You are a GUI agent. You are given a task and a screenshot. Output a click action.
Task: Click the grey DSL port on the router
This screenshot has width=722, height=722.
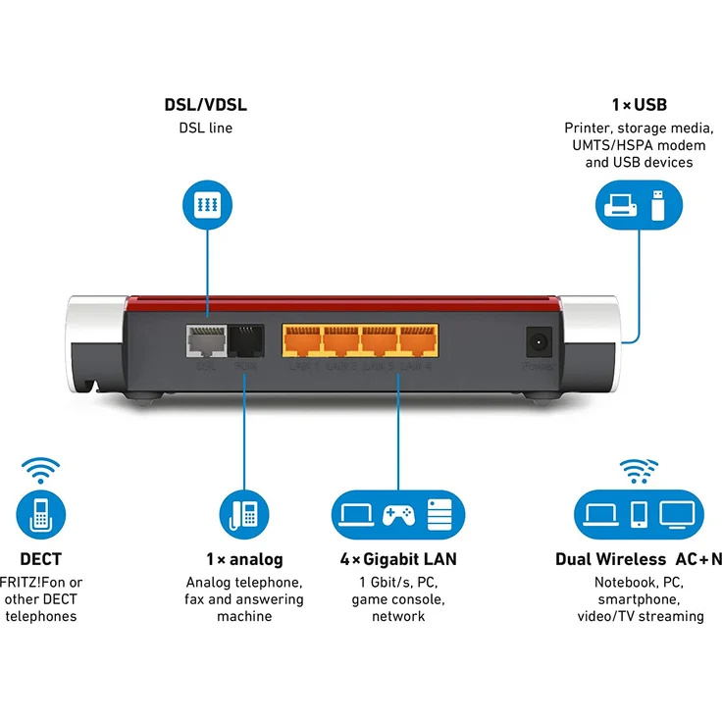[205, 340]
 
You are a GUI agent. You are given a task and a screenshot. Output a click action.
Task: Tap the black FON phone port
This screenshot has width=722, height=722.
[244, 340]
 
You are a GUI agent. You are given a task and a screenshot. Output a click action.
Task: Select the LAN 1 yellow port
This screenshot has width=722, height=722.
[301, 340]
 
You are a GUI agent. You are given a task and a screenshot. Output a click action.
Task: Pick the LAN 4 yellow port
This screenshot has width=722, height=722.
[417, 340]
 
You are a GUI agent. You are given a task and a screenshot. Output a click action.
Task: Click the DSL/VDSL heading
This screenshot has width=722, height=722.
[205, 105]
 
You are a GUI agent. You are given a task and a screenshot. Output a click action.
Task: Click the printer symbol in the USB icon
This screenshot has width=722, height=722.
[621, 205]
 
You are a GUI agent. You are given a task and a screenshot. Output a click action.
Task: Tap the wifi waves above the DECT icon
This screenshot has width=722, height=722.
[40, 470]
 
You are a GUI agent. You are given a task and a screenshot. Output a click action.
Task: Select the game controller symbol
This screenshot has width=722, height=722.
[397, 514]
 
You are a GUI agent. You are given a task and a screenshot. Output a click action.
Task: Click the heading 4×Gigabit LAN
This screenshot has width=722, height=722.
[397, 560]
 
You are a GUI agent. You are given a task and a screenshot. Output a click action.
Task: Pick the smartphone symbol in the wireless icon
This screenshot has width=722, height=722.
[638, 514]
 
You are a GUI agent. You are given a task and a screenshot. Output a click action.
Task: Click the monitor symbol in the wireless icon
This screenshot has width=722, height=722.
[677, 513]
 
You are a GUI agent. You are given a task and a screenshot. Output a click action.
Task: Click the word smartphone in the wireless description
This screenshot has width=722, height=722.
[640, 599]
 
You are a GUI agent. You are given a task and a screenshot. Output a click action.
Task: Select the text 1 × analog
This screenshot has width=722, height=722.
[244, 560]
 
